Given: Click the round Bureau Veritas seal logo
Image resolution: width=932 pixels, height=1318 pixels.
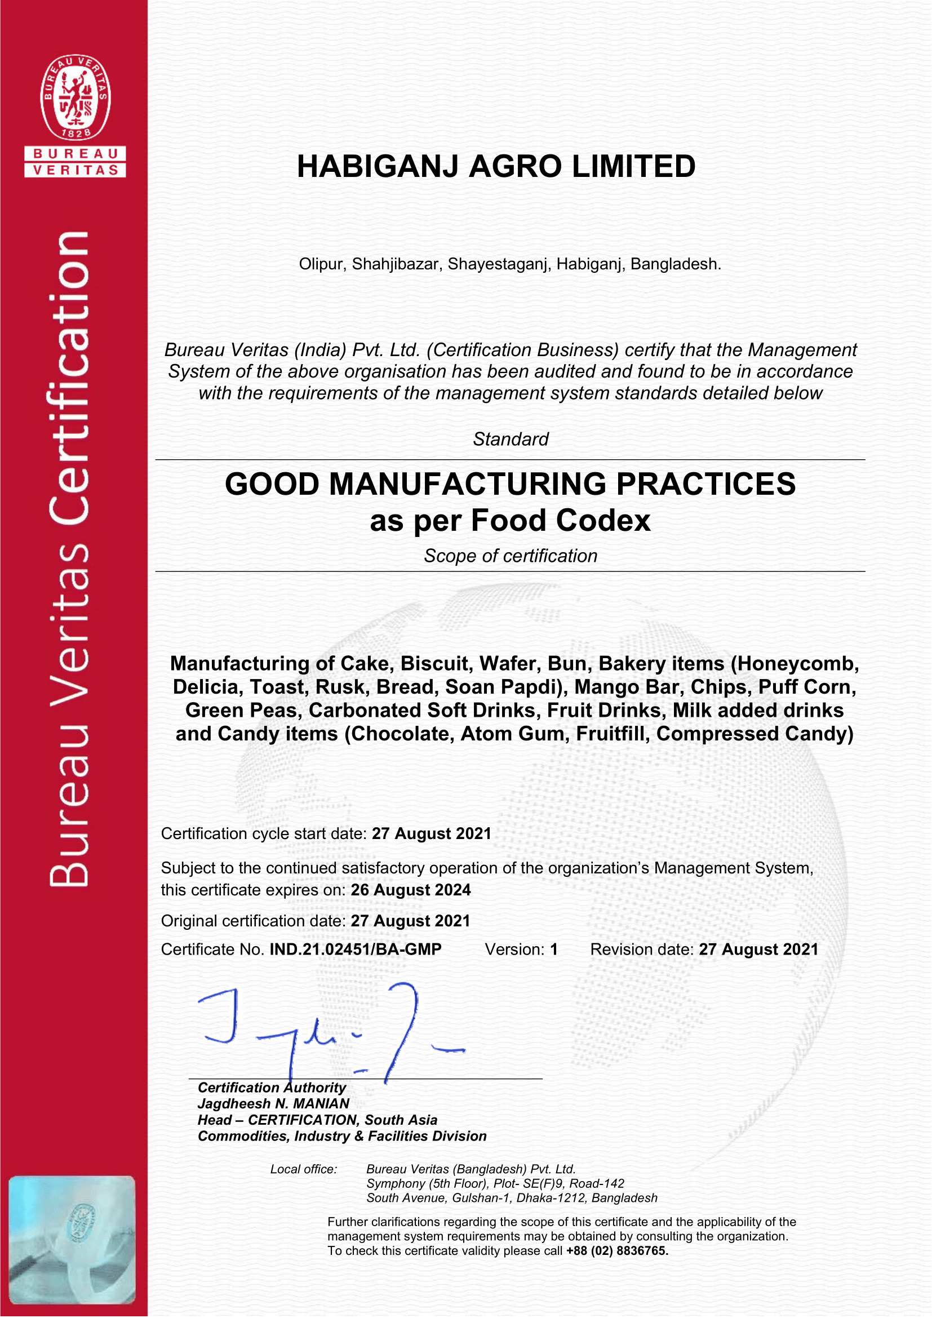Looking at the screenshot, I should coord(75,97).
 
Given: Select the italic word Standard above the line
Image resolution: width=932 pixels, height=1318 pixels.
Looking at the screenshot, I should coord(510,439).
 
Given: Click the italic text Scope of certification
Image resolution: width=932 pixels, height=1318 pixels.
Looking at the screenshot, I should coord(510,556).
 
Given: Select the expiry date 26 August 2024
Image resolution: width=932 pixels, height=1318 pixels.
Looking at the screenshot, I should coord(411,890).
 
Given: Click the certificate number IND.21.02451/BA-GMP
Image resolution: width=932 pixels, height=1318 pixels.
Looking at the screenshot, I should coord(355,949).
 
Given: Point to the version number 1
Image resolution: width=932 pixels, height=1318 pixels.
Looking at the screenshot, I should coord(554,949).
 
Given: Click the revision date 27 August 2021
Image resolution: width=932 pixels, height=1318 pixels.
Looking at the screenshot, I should coord(758,949).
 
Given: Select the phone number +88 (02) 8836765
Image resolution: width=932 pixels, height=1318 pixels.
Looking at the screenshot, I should coord(617,1251).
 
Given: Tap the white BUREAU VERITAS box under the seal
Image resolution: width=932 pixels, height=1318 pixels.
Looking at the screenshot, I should coord(75,162).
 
